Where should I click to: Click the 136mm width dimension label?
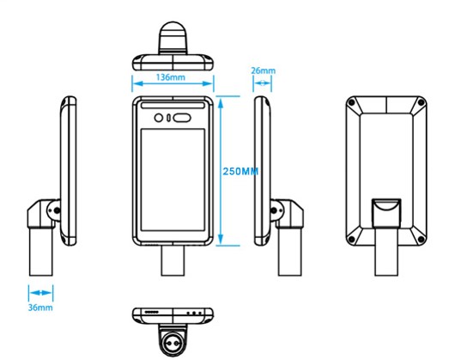click(x=171, y=77)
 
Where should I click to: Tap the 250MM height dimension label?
click(x=240, y=171)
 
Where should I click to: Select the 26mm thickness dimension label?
click(x=263, y=70)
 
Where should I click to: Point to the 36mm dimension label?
click(x=40, y=308)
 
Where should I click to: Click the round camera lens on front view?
click(x=159, y=118)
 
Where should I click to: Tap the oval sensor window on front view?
click(x=182, y=118)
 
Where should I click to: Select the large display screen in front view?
click(x=173, y=180)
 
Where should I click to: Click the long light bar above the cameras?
click(x=173, y=105)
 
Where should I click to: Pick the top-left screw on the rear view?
click(x=351, y=103)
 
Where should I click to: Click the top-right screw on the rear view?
click(x=421, y=103)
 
